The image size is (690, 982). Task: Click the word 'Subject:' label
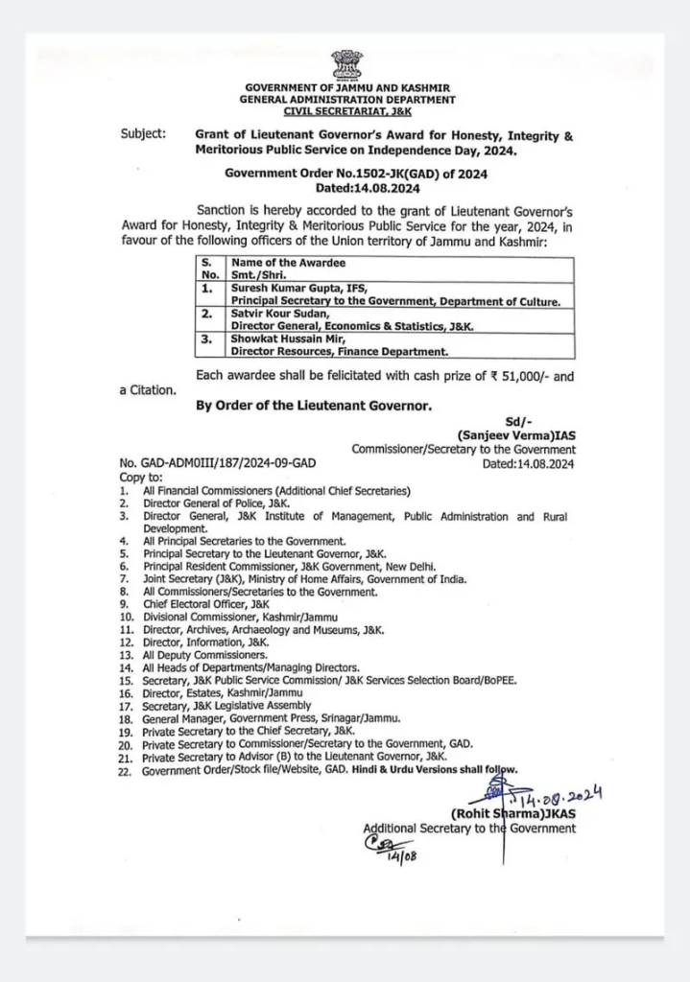(143, 134)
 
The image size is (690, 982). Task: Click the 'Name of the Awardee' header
(288, 262)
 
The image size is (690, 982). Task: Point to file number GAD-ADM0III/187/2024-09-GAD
(218, 463)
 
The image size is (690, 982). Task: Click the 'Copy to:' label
(141, 477)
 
